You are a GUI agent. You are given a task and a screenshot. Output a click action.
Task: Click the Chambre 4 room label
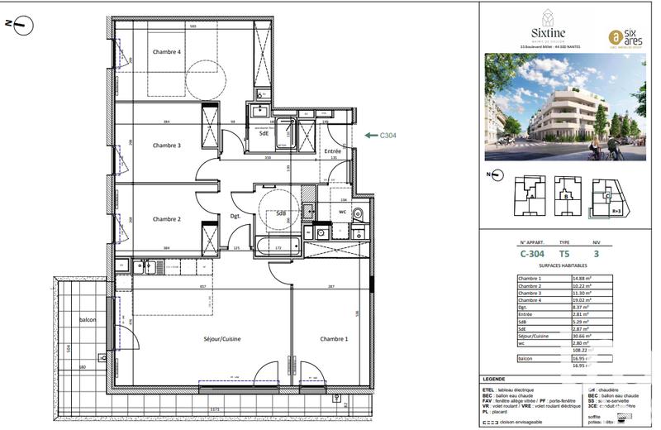pyautogui.click(x=166, y=52)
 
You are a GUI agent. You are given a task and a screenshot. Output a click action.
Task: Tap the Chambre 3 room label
pyautogui.click(x=166, y=146)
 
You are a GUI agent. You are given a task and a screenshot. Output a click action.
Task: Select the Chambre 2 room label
pyautogui.click(x=166, y=219)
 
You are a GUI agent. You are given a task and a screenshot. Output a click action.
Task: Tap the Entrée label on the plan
pyautogui.click(x=333, y=151)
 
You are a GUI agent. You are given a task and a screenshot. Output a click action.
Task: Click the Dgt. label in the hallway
pyautogui.click(x=234, y=217)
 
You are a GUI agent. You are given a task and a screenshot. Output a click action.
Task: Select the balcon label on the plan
pyautogui.click(x=88, y=320)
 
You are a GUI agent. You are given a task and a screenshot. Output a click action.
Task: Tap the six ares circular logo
pyautogui.click(x=615, y=36)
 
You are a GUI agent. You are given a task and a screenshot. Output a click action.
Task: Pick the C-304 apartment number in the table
pyautogui.click(x=533, y=255)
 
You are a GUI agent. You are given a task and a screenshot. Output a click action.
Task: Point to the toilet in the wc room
pyautogui.click(x=357, y=214)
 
